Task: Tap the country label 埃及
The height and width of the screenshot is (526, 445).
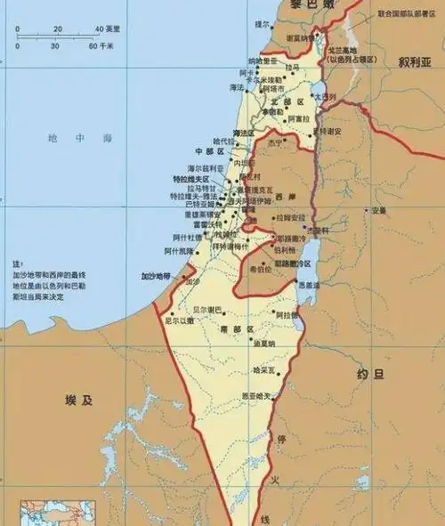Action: click(x=79, y=400)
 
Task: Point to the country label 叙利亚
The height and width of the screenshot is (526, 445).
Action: click(x=414, y=63)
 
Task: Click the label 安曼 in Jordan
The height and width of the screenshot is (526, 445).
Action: click(x=379, y=211)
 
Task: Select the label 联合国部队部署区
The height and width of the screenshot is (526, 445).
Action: click(x=408, y=14)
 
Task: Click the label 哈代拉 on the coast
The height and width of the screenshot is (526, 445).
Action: click(x=224, y=142)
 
